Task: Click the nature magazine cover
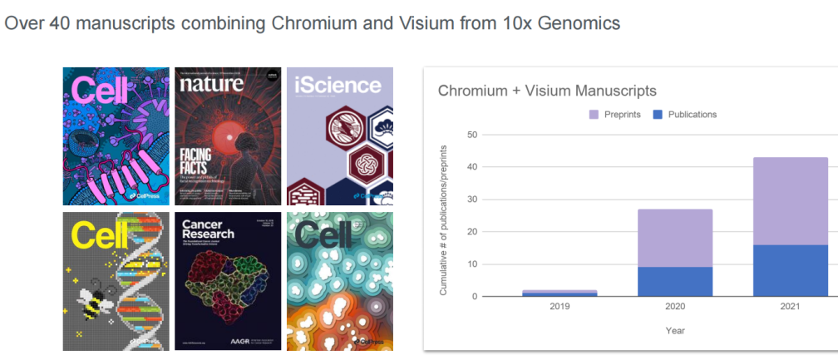226,136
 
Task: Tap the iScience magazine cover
339,136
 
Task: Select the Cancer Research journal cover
226,281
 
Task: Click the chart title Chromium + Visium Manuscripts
547,91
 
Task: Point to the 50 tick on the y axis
472,135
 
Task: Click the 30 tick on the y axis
472,200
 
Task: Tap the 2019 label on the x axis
559,307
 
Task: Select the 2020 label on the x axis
674,307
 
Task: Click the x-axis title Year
674,330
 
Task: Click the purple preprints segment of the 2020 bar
674,238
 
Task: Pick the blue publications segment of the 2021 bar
790,270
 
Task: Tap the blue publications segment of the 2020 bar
674,281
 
